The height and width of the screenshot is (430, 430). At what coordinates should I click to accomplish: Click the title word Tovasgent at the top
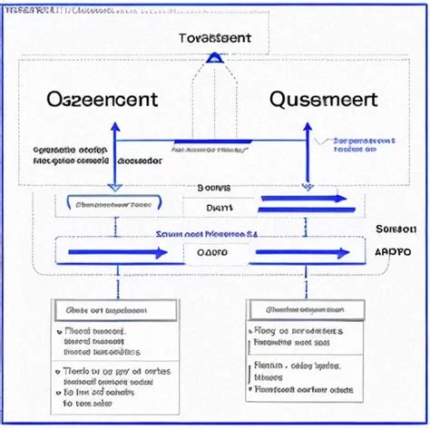click(216, 39)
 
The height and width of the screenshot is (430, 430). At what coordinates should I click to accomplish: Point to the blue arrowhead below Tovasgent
click(215, 58)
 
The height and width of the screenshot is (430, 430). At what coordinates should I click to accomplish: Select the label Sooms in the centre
click(214, 188)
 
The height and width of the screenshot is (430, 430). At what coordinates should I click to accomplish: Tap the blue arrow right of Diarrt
click(303, 199)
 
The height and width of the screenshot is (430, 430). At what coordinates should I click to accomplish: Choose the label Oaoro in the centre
click(214, 253)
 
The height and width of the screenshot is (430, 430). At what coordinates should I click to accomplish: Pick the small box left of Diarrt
click(114, 205)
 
